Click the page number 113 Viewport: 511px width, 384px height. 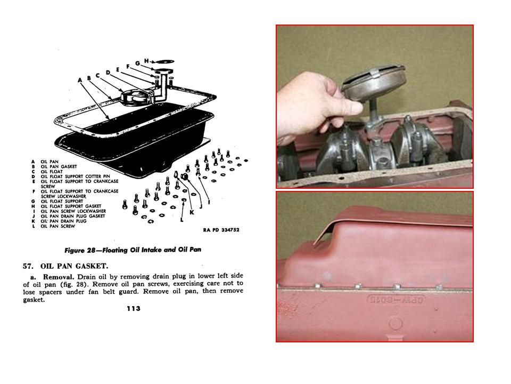point(134,309)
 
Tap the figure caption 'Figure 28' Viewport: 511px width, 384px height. point(79,251)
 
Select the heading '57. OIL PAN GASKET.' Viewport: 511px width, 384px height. point(65,266)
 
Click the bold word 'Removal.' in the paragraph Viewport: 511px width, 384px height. point(59,277)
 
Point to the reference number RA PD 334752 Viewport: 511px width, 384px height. point(221,230)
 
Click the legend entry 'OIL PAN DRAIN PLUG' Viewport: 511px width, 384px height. point(63,221)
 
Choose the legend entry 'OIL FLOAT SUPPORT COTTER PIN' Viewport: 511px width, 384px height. point(75,177)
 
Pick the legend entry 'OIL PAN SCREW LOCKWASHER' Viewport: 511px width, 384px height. point(73,211)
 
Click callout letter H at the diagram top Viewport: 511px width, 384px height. point(146,61)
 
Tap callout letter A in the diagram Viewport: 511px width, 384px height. point(80,81)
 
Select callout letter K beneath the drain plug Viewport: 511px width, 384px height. point(192,213)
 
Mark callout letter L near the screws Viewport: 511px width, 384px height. point(182,219)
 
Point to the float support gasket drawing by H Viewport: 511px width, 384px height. point(164,61)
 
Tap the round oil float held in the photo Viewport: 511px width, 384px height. point(374,82)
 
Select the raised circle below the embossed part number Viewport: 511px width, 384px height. point(396,324)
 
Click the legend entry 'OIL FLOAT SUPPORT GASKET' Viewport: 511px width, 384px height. point(71,206)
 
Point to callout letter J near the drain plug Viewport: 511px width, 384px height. point(201,206)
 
